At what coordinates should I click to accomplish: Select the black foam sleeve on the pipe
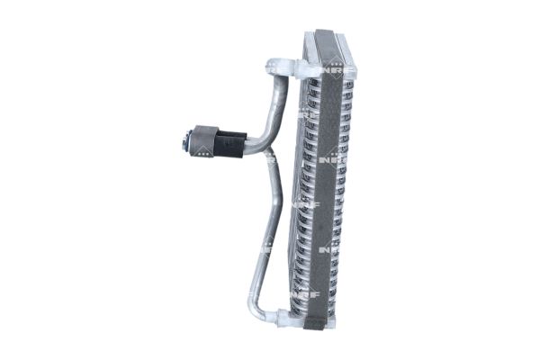230,141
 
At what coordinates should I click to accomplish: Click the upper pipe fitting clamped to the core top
280,67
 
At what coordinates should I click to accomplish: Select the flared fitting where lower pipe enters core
281,317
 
